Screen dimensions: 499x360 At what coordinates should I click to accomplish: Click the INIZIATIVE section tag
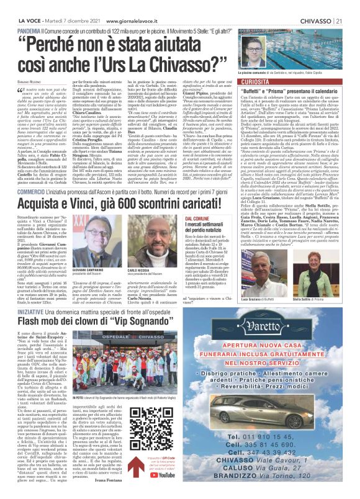30,328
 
